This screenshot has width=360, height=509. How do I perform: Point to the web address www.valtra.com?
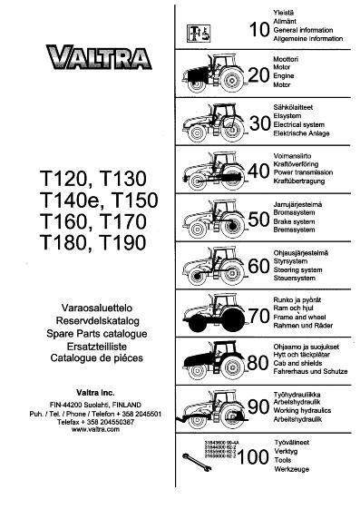click(87, 429)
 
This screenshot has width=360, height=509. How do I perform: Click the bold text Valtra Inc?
click(87, 393)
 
